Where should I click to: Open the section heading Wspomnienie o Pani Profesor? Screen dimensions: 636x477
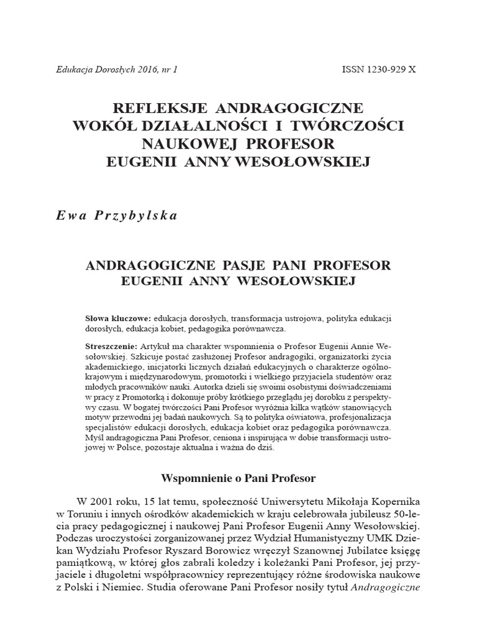click(238, 478)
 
